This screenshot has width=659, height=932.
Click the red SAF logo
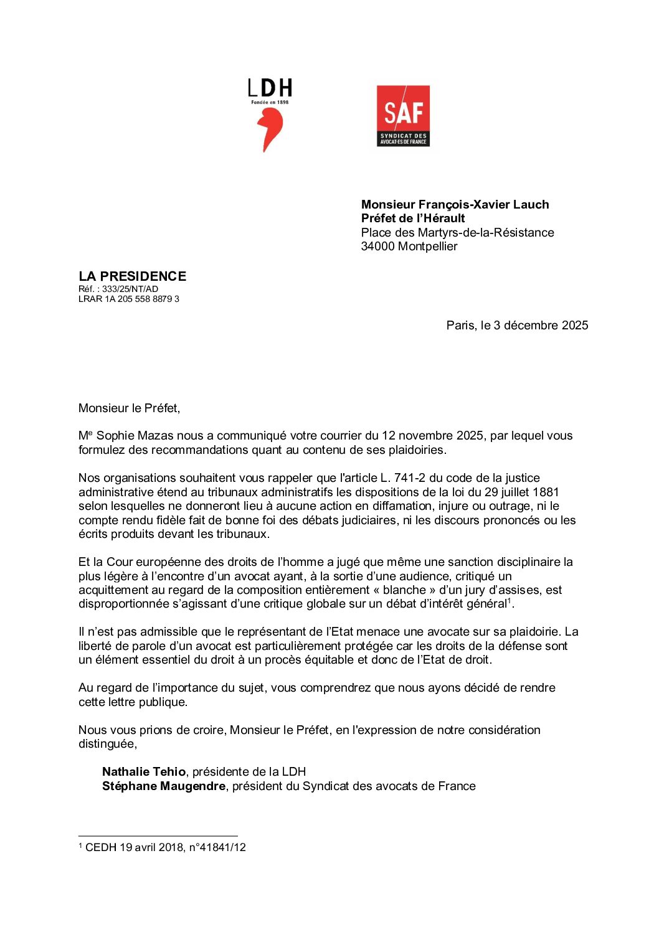tap(403, 116)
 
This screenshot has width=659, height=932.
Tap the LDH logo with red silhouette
tap(270, 115)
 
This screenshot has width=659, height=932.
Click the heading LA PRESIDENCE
tap(132, 276)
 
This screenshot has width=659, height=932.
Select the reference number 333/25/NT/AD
tap(130, 289)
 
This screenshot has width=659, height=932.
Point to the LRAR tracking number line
tap(129, 299)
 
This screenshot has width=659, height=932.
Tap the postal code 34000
tap(377, 247)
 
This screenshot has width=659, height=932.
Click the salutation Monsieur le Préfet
tap(129, 408)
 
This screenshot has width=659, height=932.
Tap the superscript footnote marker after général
tap(510, 601)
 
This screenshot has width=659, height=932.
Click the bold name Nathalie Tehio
tap(144, 772)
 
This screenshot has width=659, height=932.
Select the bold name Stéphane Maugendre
tap(164, 786)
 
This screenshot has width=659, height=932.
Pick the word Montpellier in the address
tap(427, 247)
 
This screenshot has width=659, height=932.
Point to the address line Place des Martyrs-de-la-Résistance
tap(457, 233)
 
